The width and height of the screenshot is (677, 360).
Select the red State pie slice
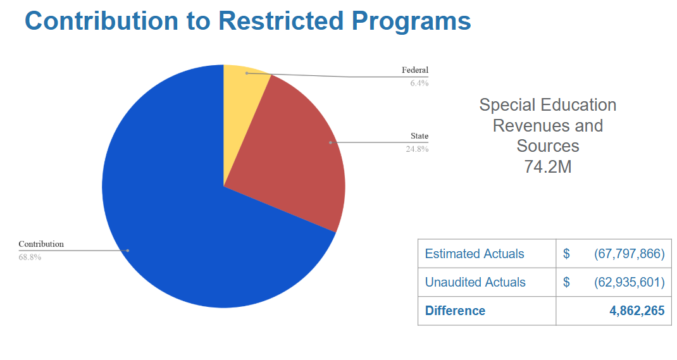click(298, 156)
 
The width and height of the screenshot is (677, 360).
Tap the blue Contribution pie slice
click(182, 216)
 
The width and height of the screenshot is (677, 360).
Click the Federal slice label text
click(415, 70)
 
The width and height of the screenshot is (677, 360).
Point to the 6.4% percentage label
click(419, 83)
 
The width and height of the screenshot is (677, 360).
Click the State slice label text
click(419, 136)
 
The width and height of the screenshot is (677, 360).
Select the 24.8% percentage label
click(417, 149)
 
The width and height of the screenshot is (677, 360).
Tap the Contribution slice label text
click(41, 244)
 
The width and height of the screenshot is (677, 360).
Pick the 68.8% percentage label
click(30, 257)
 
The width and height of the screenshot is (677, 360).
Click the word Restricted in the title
click(282, 21)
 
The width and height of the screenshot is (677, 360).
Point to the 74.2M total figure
click(547, 166)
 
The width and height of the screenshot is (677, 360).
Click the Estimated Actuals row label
click(475, 254)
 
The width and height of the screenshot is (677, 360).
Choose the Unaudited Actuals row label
click(475, 282)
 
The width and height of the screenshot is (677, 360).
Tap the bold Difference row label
click(455, 311)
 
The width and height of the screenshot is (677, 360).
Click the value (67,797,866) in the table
click(630, 254)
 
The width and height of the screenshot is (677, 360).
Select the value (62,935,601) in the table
click(630, 282)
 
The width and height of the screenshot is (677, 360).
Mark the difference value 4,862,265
click(637, 311)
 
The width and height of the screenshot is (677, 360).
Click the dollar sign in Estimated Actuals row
click(566, 254)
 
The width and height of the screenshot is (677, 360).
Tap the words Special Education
click(547, 105)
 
